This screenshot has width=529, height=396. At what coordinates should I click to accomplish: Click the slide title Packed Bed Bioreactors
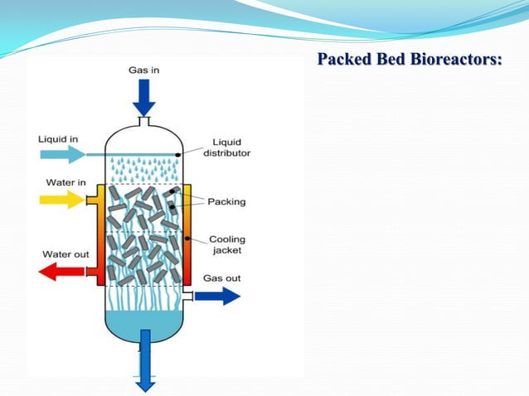coord(410,59)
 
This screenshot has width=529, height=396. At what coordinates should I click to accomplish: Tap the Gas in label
coord(143,70)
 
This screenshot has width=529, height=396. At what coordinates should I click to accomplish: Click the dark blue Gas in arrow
coord(144,98)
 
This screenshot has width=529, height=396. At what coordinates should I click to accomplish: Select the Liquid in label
coord(58,139)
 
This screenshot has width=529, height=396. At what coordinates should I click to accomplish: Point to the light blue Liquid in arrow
coord(63,155)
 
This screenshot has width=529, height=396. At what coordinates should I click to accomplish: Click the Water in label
coord(66,182)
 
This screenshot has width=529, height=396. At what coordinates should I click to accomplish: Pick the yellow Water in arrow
coord(62,200)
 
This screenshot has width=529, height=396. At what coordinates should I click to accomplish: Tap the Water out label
coord(66,254)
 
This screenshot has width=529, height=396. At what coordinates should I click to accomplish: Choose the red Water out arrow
coord(61,272)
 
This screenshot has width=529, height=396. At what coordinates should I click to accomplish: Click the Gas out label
coord(222,278)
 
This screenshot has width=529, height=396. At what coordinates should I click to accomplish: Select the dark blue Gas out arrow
coord(217,297)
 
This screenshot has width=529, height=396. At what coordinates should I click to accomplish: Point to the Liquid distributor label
coord(226,147)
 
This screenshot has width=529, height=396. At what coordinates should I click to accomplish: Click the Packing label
coord(226,202)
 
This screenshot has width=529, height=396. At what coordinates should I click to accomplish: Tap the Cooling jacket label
coord(227,244)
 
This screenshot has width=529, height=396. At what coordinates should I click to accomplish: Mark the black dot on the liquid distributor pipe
coord(177,155)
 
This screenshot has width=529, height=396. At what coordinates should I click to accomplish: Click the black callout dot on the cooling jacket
coord(187,239)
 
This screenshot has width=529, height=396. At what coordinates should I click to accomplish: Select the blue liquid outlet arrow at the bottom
coord(145,360)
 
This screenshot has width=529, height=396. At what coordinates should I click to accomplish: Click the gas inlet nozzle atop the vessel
coord(144,121)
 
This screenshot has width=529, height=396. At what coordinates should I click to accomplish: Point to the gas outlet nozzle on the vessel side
coord(188,297)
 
